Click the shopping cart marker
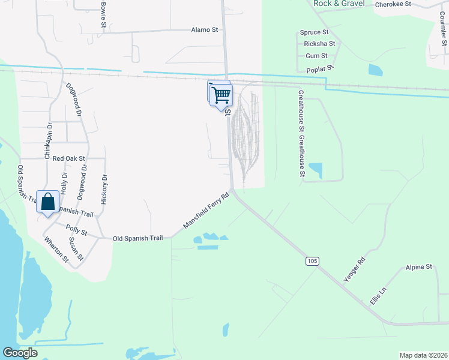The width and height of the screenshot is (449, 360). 221,94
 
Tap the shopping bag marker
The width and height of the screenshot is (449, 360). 47,202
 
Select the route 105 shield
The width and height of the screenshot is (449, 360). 311,261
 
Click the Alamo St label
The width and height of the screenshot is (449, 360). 204,29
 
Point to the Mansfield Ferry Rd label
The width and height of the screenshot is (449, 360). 206,211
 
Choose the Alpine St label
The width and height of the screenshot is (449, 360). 418,266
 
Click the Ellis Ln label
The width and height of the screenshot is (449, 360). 378,295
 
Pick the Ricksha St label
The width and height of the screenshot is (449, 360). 319,44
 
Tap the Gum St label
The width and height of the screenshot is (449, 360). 312,55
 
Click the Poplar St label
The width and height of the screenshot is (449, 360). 319,70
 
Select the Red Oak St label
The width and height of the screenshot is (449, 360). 69,159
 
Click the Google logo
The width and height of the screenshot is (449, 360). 20,353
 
